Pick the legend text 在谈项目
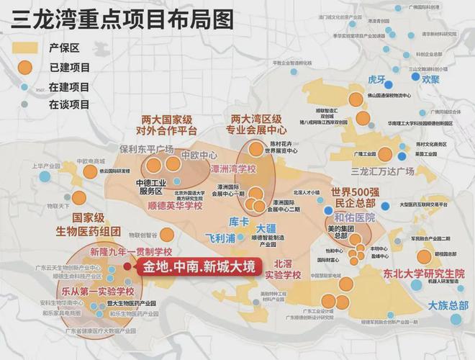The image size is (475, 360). click(69, 104)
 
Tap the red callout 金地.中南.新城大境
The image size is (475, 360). click(199, 267)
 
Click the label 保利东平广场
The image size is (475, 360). click(147, 149)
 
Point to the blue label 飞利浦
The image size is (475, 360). click(221, 238)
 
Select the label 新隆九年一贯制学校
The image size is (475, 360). click(131, 251)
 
